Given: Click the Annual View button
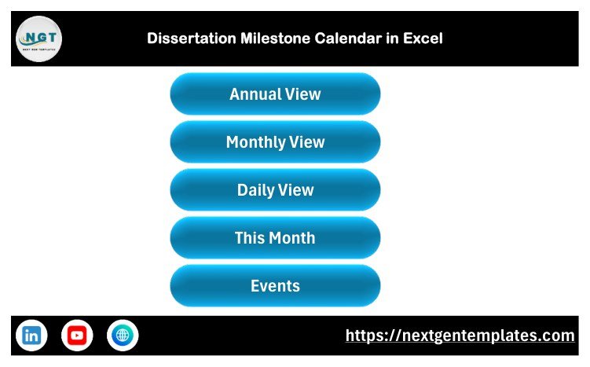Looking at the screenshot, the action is [x=275, y=94].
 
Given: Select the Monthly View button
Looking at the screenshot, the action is [x=275, y=142].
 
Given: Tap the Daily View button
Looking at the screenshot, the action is [x=275, y=189].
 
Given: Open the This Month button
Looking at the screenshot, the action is [x=275, y=237].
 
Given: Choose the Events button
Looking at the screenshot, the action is [x=275, y=286].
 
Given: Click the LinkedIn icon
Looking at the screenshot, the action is [x=31, y=335].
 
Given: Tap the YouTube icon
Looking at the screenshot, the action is [x=77, y=335].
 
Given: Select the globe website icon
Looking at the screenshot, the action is [x=123, y=335].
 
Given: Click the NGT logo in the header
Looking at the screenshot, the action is [x=38, y=39].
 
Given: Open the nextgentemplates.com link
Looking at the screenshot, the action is [x=460, y=336].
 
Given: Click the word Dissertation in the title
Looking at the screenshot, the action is [x=192, y=39].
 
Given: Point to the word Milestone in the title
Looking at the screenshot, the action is [x=276, y=39].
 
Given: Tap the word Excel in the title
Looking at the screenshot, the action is [x=423, y=39].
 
